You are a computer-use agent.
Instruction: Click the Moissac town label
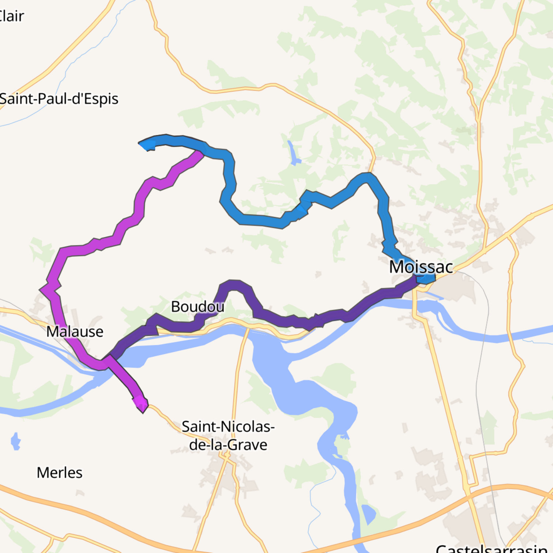[x=421, y=267]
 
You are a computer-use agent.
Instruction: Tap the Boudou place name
[x=197, y=306]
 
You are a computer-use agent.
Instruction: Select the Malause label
[x=75, y=332]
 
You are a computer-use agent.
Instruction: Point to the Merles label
[x=60, y=473]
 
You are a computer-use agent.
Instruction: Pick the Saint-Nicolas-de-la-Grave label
[x=228, y=436]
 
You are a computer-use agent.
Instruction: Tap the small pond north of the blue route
[x=294, y=154]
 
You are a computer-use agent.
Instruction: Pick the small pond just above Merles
[x=16, y=441]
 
